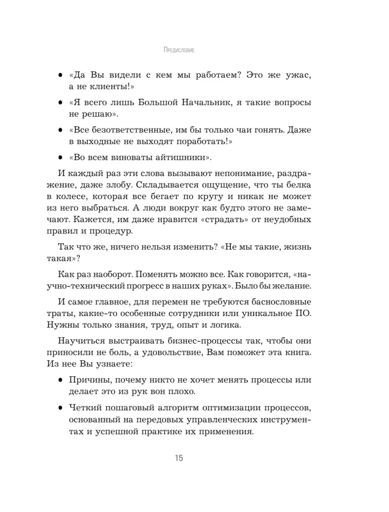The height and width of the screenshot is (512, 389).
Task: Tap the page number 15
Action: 178,458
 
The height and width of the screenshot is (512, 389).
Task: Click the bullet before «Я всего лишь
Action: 60,103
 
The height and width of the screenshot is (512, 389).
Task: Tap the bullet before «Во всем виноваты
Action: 60,157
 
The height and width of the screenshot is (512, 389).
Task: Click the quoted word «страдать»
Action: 222,224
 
